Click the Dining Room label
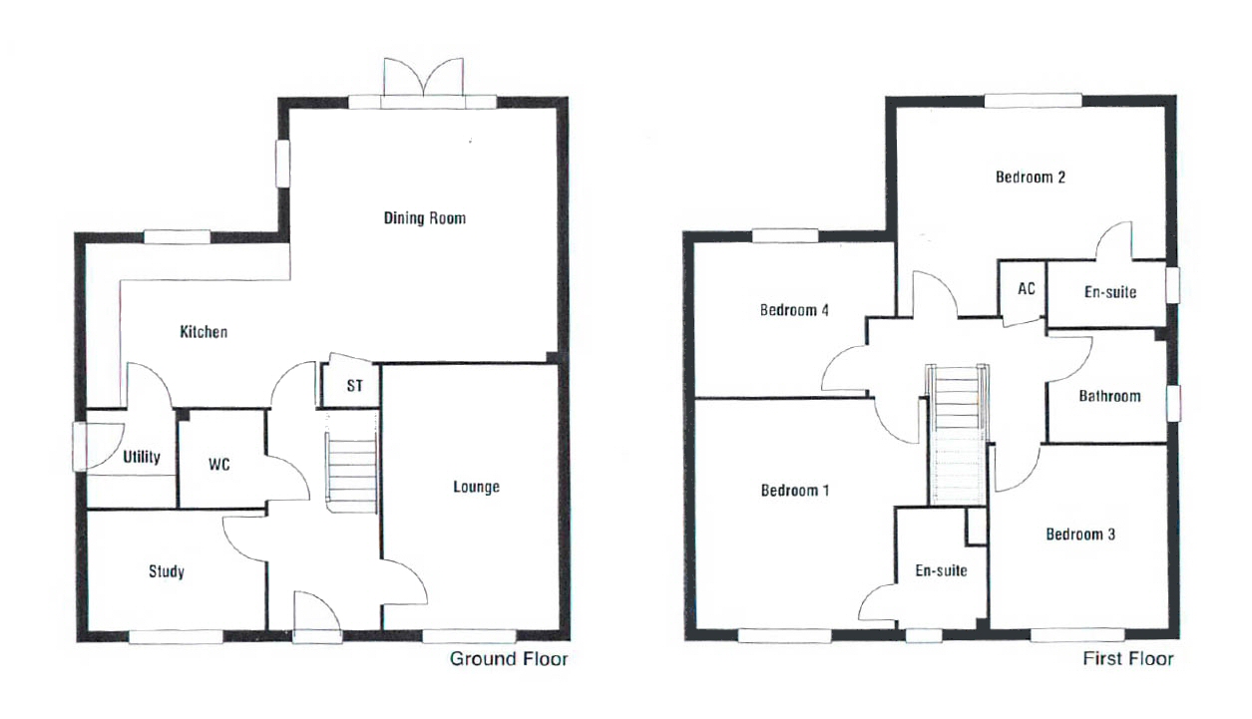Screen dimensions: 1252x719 pos(425,217)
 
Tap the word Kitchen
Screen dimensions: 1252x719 pos(204,332)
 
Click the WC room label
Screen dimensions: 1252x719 pos(219,465)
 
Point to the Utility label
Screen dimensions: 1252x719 pos(142,457)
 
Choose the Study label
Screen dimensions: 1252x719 pos(167,571)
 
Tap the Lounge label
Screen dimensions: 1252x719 pos(476,487)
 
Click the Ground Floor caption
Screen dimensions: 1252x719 pos(509,659)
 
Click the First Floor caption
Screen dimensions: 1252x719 pos(1128,658)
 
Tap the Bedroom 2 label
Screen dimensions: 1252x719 pos(1031,178)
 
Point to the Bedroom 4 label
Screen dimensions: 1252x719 pos(794,310)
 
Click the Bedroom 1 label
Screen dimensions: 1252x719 pos(795,491)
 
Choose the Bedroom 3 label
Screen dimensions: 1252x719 pos(1080,535)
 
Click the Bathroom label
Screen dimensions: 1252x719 pos(1109,396)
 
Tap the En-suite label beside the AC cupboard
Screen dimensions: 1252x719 pos(1110,291)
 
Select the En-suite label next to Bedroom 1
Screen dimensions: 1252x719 pos(941,570)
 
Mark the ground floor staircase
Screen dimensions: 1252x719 pos(351,475)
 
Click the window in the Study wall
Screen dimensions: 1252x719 pos(176,637)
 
